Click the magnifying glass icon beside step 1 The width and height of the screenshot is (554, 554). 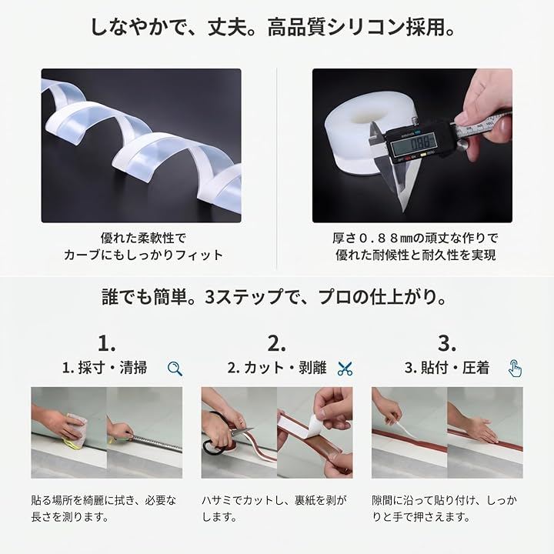tap(175, 369)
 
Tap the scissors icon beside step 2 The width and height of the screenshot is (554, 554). tap(345, 369)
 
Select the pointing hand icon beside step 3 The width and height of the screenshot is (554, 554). tap(515, 369)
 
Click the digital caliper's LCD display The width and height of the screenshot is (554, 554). tap(415, 145)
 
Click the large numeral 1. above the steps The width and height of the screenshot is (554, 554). tap(106, 343)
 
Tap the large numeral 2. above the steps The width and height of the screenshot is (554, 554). tap(277, 343)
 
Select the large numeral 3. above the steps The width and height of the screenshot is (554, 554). tap(447, 343)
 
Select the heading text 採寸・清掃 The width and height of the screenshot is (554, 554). tap(112, 368)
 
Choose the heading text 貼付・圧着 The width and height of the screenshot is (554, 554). tap(456, 368)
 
